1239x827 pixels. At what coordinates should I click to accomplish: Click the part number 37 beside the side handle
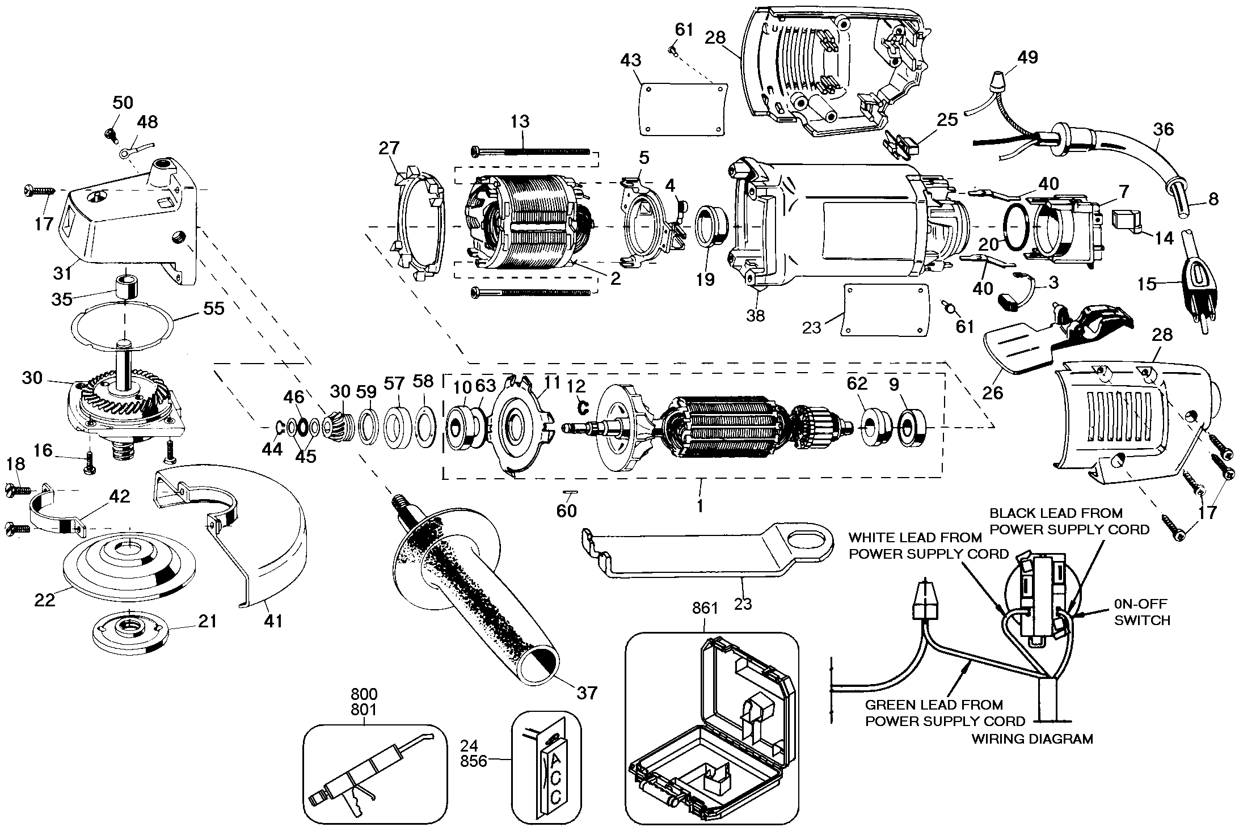point(587,693)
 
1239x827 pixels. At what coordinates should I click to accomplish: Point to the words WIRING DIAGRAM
point(1032,739)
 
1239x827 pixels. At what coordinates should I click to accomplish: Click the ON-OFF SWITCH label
point(1141,613)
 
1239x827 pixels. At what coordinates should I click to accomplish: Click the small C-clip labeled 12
point(580,406)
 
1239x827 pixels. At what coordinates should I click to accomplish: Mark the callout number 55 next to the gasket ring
point(213,308)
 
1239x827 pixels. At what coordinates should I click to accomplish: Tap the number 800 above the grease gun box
point(364,694)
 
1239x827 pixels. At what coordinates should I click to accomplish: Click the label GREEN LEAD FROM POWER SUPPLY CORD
point(945,713)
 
